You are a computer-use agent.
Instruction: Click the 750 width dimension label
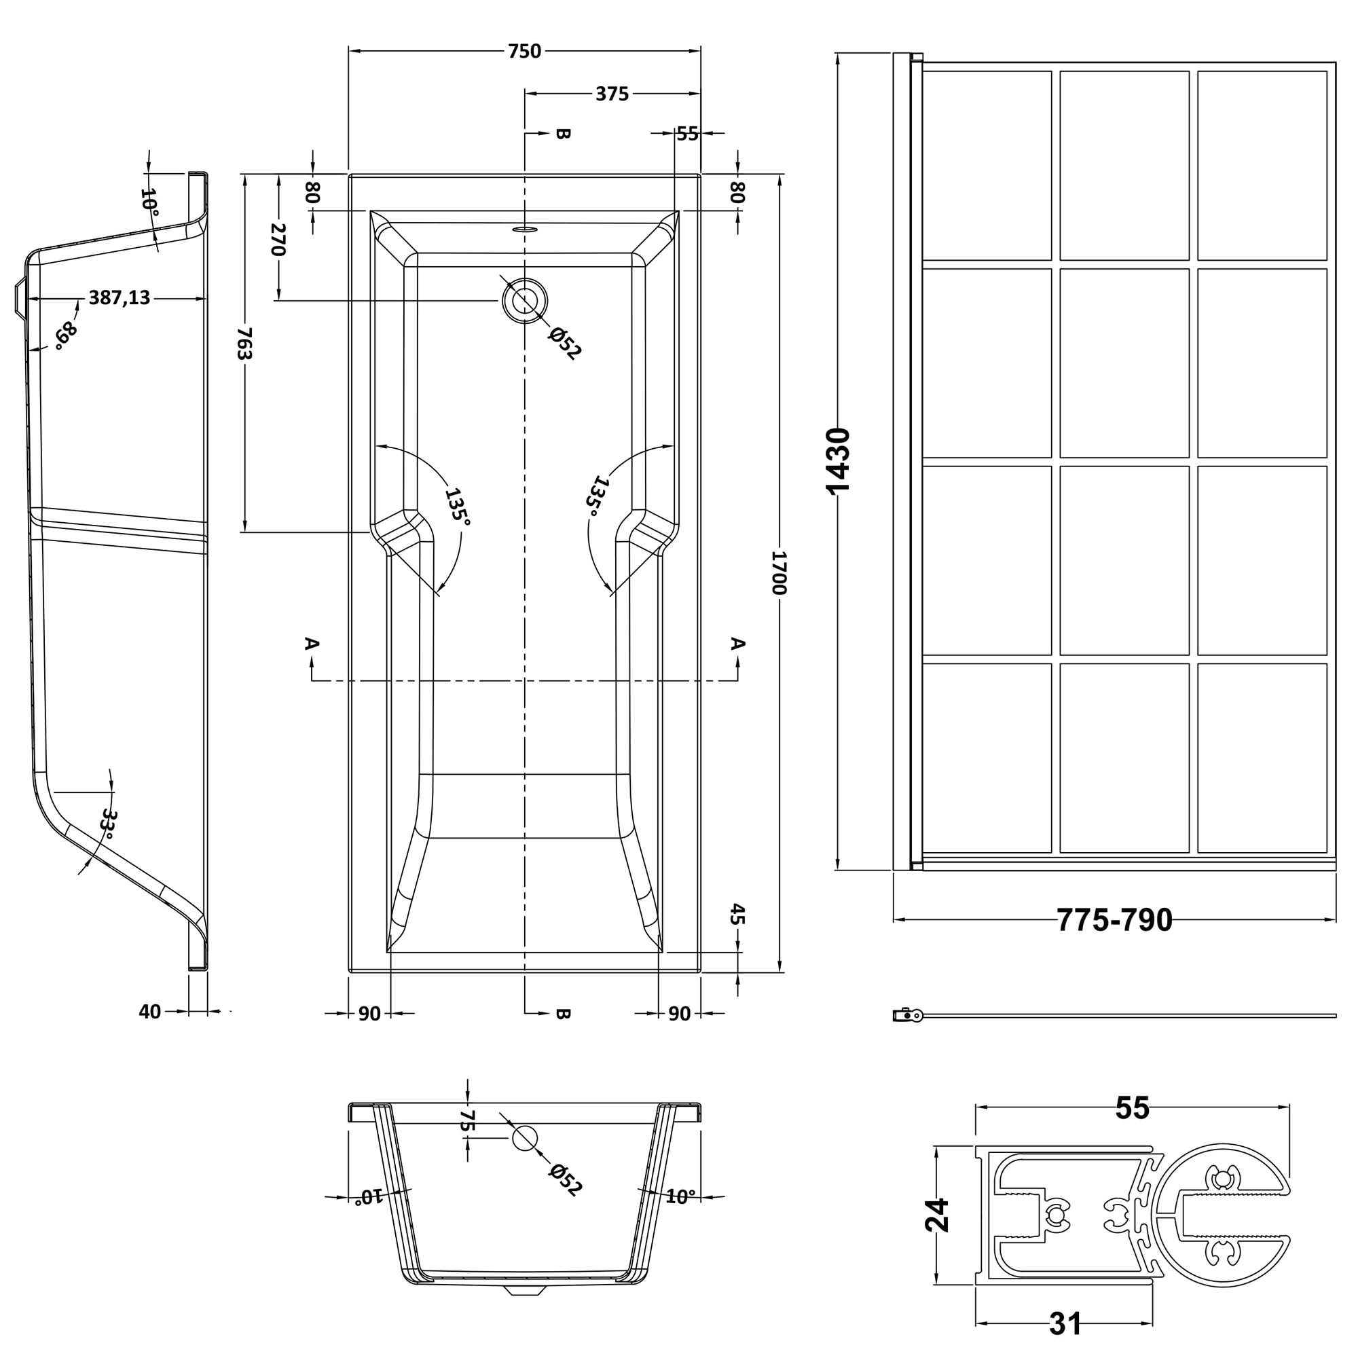[524, 52]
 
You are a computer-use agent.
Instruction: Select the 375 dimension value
[612, 94]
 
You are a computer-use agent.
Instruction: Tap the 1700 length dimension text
[779, 573]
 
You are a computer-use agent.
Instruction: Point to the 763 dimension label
[244, 343]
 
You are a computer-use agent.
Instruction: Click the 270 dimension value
[278, 240]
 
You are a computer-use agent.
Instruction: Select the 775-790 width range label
[1115, 919]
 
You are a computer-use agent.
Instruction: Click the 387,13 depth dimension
[119, 298]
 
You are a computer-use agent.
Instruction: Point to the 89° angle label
[65, 335]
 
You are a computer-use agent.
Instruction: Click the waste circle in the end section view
[524, 1138]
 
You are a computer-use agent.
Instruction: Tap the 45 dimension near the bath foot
[737, 915]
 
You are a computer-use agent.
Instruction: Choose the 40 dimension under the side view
[149, 1012]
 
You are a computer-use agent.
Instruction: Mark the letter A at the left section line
[312, 643]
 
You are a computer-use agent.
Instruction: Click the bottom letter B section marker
[562, 1013]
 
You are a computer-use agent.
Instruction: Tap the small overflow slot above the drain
[524, 228]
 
